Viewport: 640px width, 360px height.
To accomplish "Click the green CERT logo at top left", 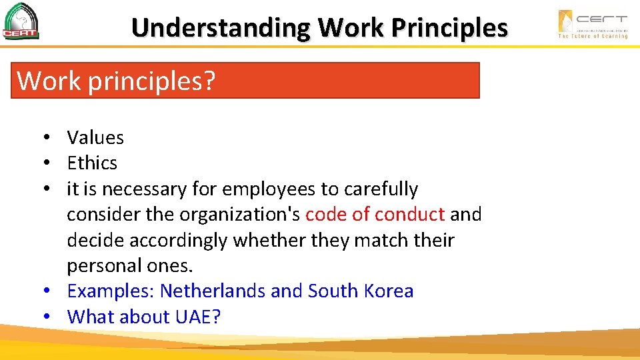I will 21,21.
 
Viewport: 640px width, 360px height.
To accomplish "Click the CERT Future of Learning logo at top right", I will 593,24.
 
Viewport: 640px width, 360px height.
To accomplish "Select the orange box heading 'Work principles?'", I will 245,81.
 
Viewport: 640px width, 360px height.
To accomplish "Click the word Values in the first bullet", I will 95,138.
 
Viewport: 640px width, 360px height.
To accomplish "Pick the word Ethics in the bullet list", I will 92,163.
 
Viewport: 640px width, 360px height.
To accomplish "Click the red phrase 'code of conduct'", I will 375,215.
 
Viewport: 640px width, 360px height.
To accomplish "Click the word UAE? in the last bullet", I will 197,317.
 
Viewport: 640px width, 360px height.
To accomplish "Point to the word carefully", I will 381,189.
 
